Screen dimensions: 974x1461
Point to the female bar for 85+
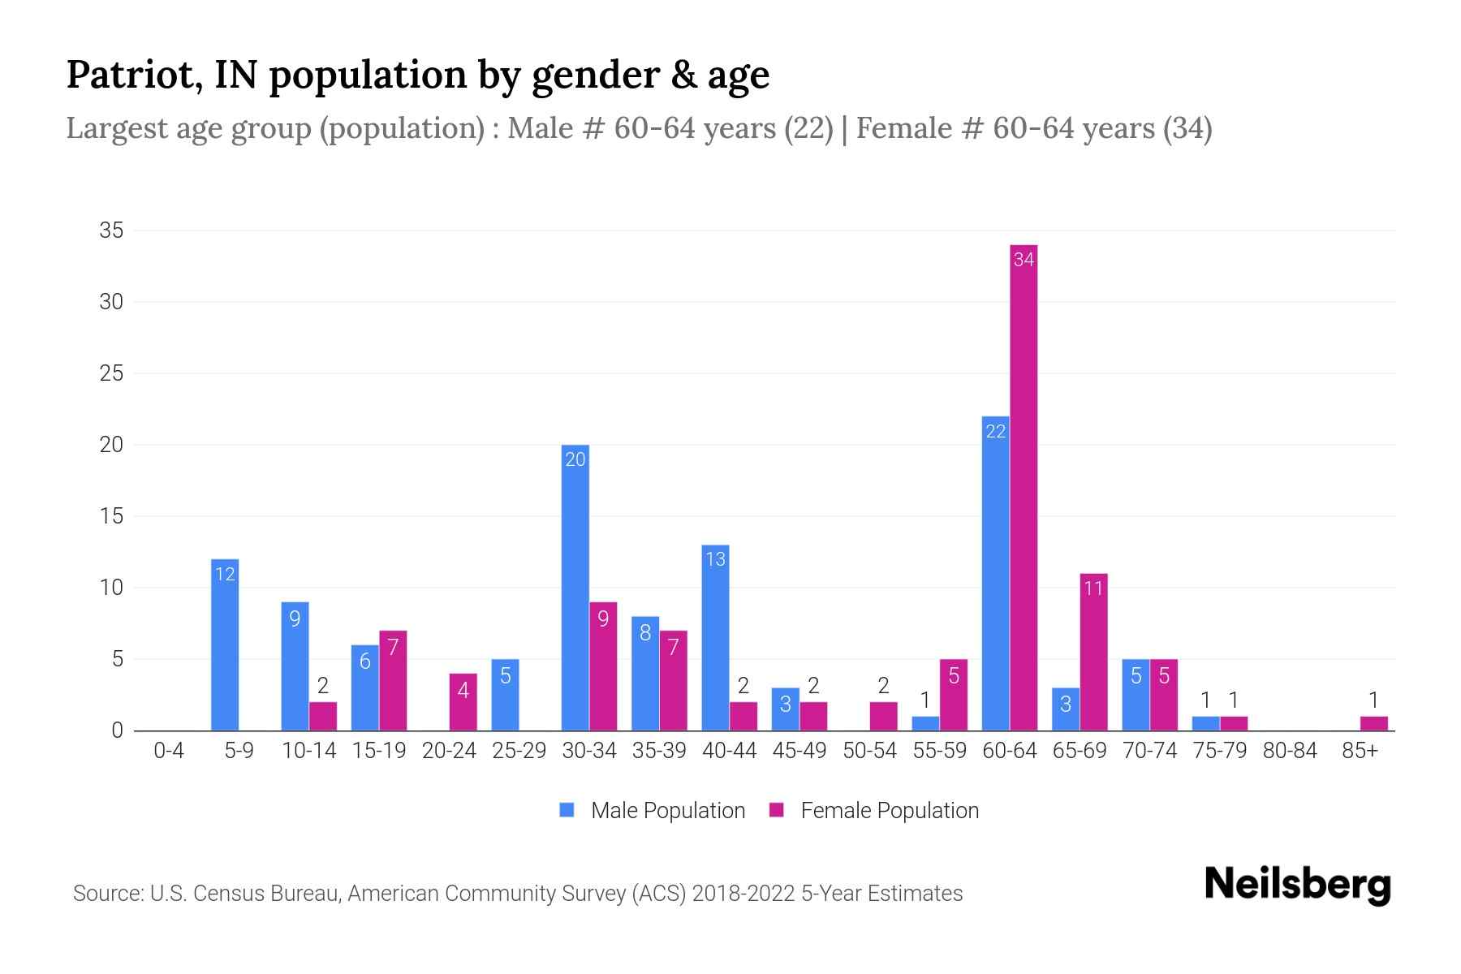(x=1373, y=723)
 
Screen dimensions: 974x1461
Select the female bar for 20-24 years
(x=463, y=703)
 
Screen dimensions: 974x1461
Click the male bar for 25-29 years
(x=505, y=696)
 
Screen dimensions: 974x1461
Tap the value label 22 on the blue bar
(x=996, y=432)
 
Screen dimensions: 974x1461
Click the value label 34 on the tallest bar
(x=1024, y=260)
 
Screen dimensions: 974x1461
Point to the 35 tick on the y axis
(x=111, y=231)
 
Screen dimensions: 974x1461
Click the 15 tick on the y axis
(x=111, y=516)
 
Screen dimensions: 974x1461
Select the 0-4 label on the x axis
(x=169, y=751)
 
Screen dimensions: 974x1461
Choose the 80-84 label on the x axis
(x=1290, y=751)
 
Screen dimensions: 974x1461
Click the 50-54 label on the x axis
(x=869, y=751)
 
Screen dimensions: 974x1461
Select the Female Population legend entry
(x=874, y=811)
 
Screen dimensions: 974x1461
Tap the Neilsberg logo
(x=1297, y=885)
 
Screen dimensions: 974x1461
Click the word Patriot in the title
(x=134, y=75)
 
